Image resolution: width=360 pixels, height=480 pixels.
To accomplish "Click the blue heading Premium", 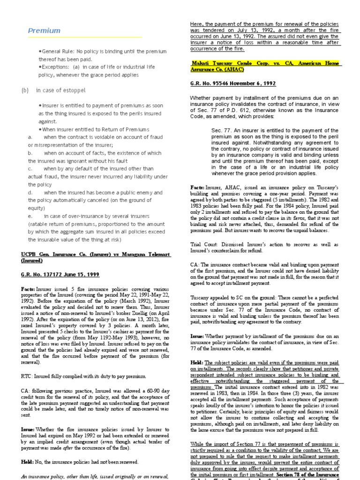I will coord(44,31).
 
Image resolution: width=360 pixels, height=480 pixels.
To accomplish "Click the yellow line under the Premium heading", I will coord(84,37).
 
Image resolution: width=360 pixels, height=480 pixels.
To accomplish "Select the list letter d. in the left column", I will coord(30,193).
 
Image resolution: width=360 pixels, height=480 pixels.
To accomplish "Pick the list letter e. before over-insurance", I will coord(30,216).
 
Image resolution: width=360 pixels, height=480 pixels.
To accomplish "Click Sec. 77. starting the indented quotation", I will coord(221,130).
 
